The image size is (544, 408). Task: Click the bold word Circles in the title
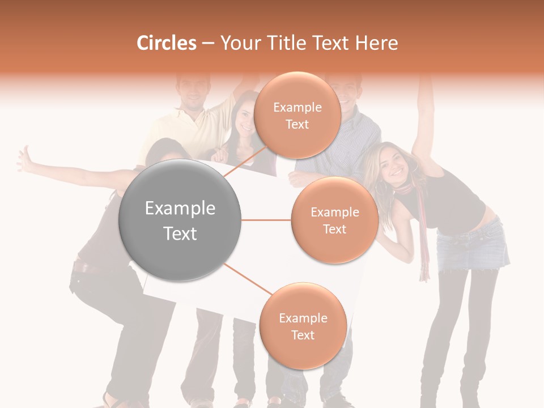[166, 43]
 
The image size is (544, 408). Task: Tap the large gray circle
[180, 220]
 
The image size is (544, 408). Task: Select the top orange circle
[297, 115]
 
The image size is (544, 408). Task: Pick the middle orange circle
[334, 220]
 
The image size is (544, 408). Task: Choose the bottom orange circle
[303, 326]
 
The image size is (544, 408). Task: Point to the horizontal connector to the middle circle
[266, 220]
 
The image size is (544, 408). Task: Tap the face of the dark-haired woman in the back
[244, 116]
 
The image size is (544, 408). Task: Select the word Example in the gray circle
[180, 209]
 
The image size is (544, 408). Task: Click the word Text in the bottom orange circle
[303, 335]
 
